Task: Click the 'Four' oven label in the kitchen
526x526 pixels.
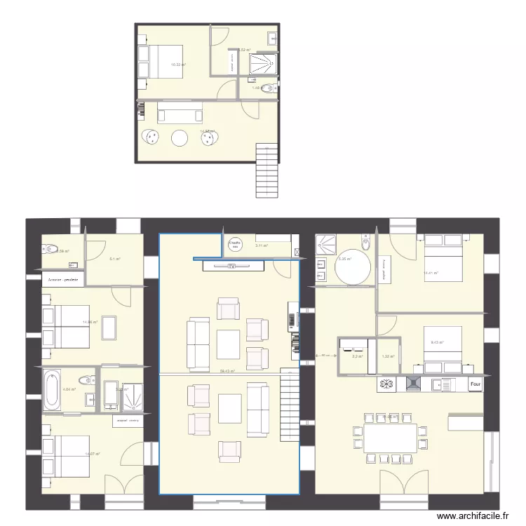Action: pos(476,384)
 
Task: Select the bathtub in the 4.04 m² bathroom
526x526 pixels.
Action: pos(52,391)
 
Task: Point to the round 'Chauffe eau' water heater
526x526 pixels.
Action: pos(234,243)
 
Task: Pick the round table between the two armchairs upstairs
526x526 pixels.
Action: pos(180,138)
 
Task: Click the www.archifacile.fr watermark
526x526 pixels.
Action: pos(471,516)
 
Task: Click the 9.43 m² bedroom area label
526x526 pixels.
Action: pos(437,342)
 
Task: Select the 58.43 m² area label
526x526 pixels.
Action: pos(227,372)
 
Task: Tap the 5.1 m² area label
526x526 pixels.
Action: pos(114,259)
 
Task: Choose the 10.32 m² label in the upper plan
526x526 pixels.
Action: pos(178,65)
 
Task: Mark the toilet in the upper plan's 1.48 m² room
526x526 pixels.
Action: pos(272,88)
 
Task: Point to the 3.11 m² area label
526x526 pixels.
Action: pos(262,245)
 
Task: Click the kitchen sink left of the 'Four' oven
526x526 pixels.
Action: pos(443,384)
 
